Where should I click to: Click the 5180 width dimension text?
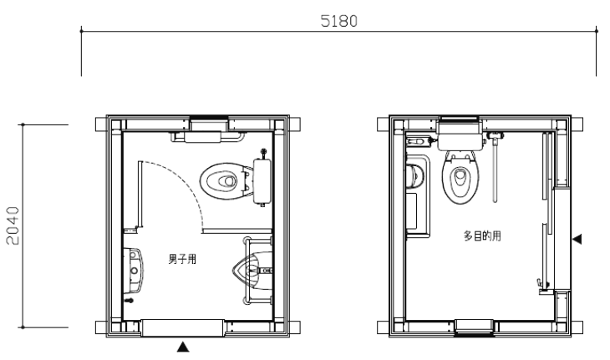click(339, 21)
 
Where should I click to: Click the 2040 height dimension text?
click(13, 226)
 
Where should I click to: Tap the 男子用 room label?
click(182, 259)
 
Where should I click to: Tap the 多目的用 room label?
click(482, 236)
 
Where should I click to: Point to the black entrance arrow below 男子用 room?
click(183, 347)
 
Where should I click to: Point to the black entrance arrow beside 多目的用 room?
click(577, 239)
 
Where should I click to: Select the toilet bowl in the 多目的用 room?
click(460, 177)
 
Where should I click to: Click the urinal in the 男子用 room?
click(252, 269)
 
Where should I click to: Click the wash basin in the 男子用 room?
click(134, 270)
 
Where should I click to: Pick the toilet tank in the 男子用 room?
click(262, 180)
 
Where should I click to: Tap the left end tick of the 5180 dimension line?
click(81, 31)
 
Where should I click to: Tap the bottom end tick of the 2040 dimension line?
click(23, 327)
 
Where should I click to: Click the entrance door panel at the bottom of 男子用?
click(182, 327)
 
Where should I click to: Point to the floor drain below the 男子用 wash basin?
click(130, 301)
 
